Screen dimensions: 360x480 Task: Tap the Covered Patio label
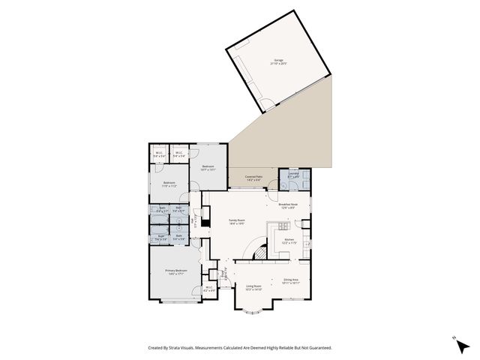253,178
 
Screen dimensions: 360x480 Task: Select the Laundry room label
293,175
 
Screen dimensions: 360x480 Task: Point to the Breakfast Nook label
289,205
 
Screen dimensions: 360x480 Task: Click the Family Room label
238,221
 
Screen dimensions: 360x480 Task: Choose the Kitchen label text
289,241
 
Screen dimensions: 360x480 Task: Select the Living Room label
253,287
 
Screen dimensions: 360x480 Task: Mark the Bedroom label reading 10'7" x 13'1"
208,167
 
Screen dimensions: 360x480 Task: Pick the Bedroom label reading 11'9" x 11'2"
169,184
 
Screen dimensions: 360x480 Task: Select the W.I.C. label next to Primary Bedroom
209,289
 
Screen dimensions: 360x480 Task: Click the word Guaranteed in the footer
317,347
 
